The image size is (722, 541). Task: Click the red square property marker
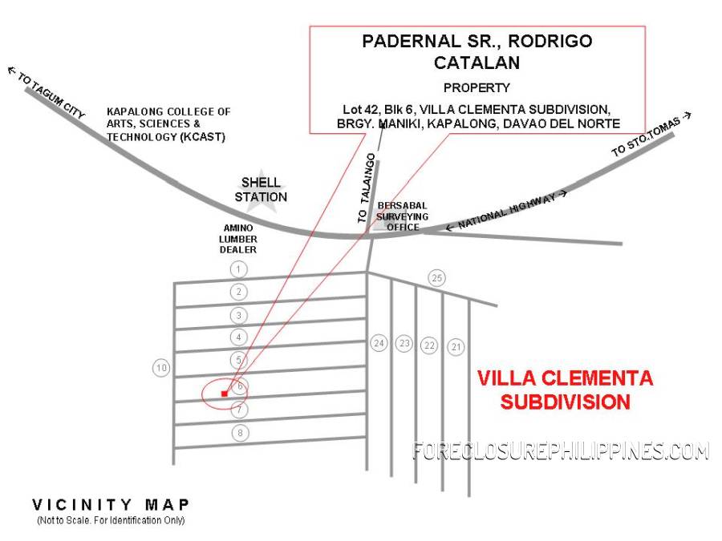pyautogui.click(x=225, y=394)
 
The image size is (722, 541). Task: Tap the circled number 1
pyautogui.click(x=238, y=269)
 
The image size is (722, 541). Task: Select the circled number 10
pyautogui.click(x=161, y=368)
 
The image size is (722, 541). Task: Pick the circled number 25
pyautogui.click(x=436, y=278)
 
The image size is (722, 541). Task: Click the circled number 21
pyautogui.click(x=456, y=347)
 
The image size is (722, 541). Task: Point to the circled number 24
pyautogui.click(x=379, y=343)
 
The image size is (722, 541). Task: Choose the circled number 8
pyautogui.click(x=239, y=433)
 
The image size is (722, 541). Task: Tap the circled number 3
pyautogui.click(x=238, y=316)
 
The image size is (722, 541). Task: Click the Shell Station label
pyautogui.click(x=261, y=189)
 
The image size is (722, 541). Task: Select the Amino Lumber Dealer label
pyautogui.click(x=238, y=239)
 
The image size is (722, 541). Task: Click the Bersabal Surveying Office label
pyautogui.click(x=402, y=216)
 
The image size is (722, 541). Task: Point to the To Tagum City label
pyautogui.click(x=47, y=92)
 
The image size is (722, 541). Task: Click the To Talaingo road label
pyautogui.click(x=367, y=188)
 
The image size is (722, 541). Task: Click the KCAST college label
pyautogui.click(x=168, y=124)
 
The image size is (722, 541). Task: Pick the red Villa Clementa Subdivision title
pyautogui.click(x=565, y=390)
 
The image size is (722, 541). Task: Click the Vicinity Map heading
pyautogui.click(x=111, y=505)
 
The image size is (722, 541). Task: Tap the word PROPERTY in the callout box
pyautogui.click(x=477, y=87)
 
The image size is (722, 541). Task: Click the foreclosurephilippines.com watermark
pyautogui.click(x=561, y=450)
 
